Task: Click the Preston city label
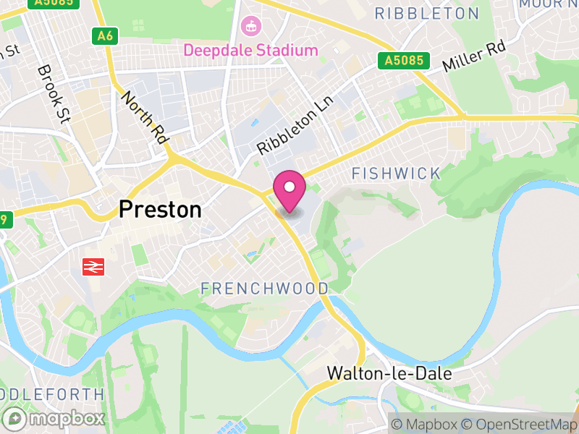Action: [160, 210]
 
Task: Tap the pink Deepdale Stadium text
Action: [250, 51]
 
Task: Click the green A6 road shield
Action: [106, 35]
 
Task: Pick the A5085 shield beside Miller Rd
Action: [403, 61]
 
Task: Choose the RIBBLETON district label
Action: [427, 14]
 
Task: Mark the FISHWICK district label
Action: [396, 173]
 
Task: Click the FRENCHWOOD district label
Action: [264, 289]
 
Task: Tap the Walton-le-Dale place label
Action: [389, 374]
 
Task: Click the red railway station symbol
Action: [93, 266]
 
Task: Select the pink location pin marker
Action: [289, 190]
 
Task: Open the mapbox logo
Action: [54, 419]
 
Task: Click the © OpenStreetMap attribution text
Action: [519, 425]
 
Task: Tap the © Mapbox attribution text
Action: [424, 425]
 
